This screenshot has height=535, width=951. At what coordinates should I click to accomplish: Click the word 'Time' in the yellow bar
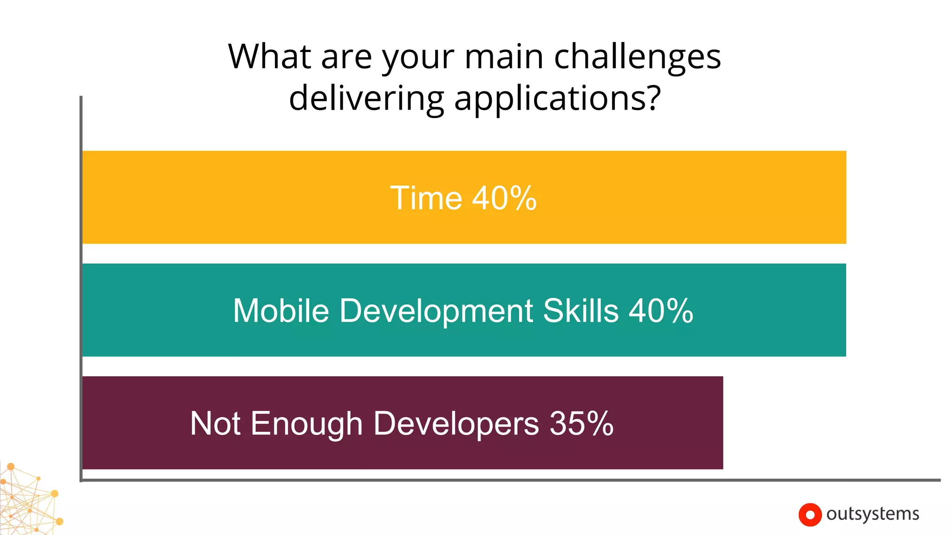pyautogui.click(x=426, y=198)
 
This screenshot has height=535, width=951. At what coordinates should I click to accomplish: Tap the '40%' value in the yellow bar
pyautogui.click(x=504, y=198)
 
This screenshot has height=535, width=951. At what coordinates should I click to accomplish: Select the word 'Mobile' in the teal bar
pyautogui.click(x=281, y=311)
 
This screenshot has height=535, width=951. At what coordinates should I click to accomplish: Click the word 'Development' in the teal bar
pyautogui.click(x=436, y=311)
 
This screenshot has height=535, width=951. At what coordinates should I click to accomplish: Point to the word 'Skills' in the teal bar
pyautogui.click(x=581, y=311)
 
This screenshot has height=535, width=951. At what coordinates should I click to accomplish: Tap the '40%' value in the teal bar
pyautogui.click(x=661, y=311)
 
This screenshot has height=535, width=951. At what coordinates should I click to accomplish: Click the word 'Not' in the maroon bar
pyautogui.click(x=215, y=424)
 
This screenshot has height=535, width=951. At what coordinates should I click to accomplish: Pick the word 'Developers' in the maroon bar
pyautogui.click(x=456, y=424)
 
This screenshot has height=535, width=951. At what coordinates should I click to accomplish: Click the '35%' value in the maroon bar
pyautogui.click(x=581, y=424)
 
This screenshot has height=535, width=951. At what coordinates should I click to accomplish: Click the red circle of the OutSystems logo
pyautogui.click(x=810, y=515)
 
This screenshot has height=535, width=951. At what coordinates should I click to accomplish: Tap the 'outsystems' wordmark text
pyautogui.click(x=873, y=514)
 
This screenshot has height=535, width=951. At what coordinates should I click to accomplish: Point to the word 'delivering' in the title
pyautogui.click(x=366, y=98)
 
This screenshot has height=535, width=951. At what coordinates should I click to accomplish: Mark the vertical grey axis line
pyautogui.click(x=81, y=288)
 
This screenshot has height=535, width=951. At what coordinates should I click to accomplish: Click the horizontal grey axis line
pyautogui.click(x=511, y=480)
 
